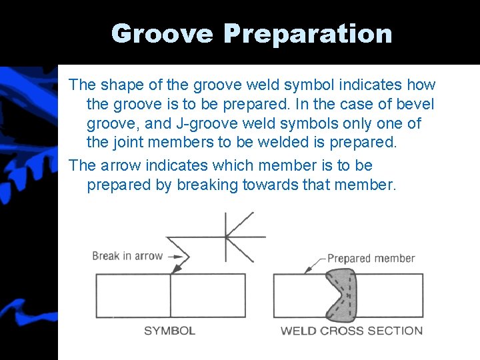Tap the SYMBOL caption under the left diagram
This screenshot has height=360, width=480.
(169, 331)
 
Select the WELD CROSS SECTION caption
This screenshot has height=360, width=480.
(351, 331)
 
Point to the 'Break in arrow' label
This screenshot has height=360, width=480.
(127, 256)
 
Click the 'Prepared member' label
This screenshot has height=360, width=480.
(371, 259)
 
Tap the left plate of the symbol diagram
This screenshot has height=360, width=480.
(133, 295)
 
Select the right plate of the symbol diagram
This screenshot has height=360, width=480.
(207, 295)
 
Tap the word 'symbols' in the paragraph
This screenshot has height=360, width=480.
(316, 124)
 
